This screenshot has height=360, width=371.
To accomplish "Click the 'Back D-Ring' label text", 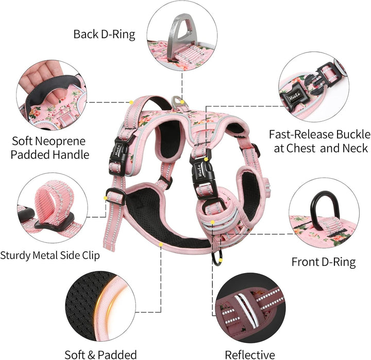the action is tap(104, 35).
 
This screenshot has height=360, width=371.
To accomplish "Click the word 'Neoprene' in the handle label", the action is tap(62, 141).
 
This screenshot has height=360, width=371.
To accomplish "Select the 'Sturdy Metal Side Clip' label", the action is tap(49, 255).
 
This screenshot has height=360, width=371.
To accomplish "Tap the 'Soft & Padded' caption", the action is tap(100, 355).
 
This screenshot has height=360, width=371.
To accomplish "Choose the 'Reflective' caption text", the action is tap(250, 355).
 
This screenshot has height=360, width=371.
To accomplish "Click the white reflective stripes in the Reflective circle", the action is tap(246, 310).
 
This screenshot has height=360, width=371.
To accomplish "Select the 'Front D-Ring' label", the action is tap(324, 262).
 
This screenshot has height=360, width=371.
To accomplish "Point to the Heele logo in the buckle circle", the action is tap(294, 97).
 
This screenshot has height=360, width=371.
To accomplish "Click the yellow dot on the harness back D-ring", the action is tap(182, 102).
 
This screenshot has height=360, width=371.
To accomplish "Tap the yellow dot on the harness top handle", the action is tap(131, 102).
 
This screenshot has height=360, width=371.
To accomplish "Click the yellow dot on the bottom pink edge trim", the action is tap(161, 244).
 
